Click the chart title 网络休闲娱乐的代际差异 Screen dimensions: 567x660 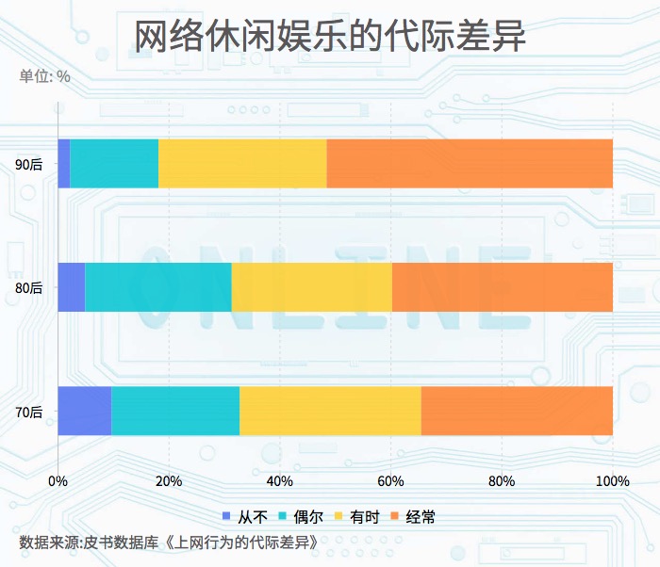[329, 38]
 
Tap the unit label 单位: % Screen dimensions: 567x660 [45, 77]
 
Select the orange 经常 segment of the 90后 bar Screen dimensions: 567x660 [470, 164]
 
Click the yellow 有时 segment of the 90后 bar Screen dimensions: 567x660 [242, 164]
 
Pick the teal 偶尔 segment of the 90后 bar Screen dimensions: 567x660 [114, 164]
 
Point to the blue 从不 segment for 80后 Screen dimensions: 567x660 [72, 287]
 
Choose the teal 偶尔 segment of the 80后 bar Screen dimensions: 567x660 [158, 287]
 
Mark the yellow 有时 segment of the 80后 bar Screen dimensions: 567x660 [311, 287]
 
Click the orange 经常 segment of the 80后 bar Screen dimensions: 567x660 [502, 287]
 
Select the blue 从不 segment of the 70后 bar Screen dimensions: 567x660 [85, 411]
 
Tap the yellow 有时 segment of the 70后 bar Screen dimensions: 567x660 [330, 411]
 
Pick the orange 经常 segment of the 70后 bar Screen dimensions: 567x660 [517, 411]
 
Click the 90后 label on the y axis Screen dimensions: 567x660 [29, 165]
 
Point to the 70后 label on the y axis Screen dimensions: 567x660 [29, 412]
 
